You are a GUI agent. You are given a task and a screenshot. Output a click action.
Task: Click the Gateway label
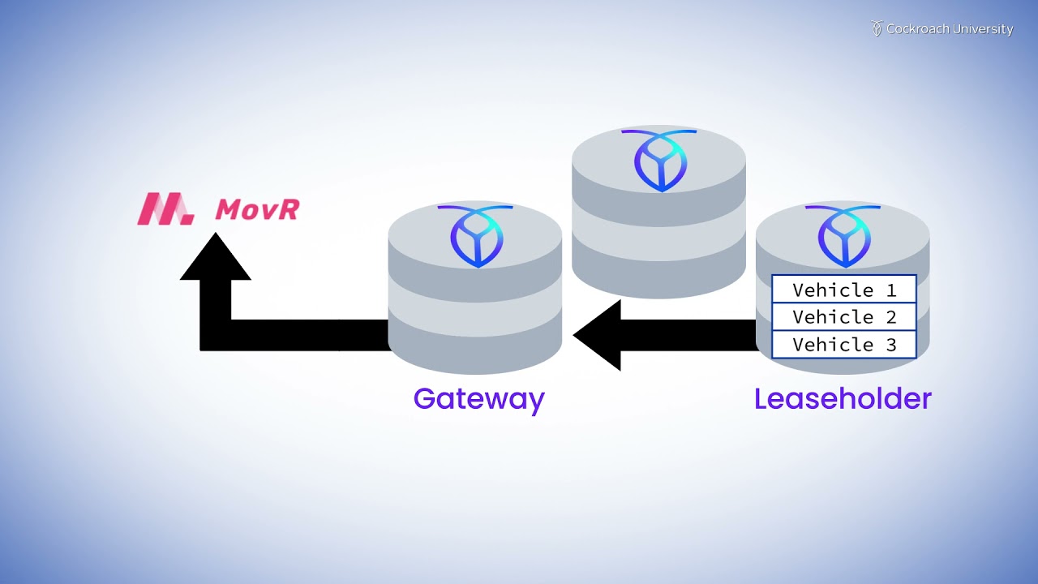coord(478,399)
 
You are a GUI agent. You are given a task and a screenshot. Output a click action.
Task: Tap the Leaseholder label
coord(843,399)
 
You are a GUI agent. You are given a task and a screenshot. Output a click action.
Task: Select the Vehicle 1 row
coord(843,290)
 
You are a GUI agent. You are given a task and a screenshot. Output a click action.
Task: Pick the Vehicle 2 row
coord(843,317)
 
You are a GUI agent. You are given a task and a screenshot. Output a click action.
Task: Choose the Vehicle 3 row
coord(843,345)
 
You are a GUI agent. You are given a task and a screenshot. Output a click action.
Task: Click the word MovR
coord(257,209)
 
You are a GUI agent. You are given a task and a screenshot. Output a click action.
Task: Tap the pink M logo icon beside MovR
coord(165,208)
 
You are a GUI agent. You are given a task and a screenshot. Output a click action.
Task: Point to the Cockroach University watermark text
coord(950,29)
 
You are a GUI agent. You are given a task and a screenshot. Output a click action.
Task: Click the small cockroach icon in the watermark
coord(877,28)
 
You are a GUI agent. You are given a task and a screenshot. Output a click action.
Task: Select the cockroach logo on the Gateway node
coord(476,235)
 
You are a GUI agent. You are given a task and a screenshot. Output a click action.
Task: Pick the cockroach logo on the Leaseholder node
coord(843,235)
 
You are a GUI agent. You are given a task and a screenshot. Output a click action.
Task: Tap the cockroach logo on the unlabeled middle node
coord(660,160)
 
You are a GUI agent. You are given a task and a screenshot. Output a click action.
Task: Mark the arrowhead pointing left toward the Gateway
coord(598,335)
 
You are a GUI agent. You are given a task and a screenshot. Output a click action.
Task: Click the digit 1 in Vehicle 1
coord(890,290)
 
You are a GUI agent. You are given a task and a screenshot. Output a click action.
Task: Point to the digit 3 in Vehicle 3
coord(890,345)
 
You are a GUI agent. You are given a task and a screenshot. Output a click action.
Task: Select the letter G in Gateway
coord(425,399)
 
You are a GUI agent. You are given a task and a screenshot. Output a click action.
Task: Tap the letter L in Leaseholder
coord(761,399)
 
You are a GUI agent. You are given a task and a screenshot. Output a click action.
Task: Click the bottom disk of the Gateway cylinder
coord(475,349)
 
